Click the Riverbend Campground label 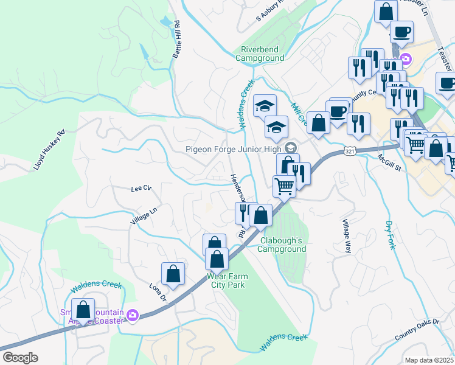click(262, 54)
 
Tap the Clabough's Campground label click(283, 245)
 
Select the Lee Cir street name click(141, 189)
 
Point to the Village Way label click(347, 236)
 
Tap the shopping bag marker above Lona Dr click(173, 274)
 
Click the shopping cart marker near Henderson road click(284, 186)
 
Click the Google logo click(20, 358)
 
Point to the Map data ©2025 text click(429, 360)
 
